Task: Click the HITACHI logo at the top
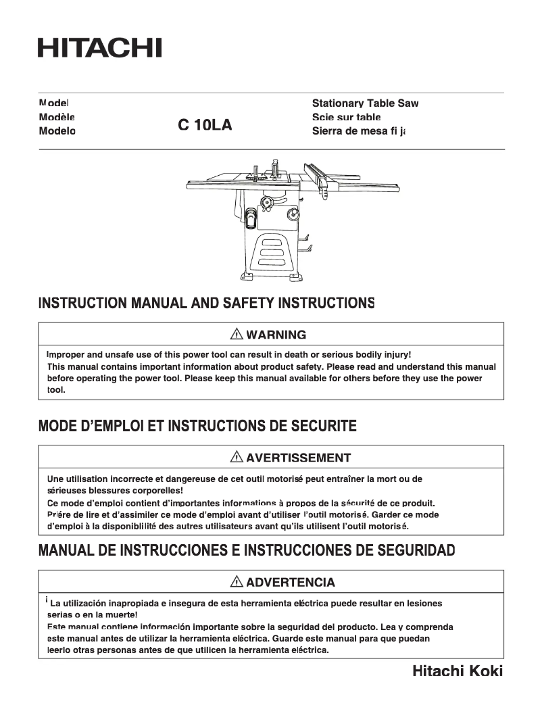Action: coord(99,48)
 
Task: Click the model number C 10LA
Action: coord(205,125)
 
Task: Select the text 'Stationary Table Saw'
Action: coord(365,103)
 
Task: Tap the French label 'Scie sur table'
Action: coord(346,117)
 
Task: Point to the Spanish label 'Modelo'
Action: coord(57,130)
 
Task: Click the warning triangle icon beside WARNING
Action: coord(237,335)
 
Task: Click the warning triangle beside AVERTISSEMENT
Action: coord(237,458)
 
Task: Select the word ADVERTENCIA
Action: coord(291,582)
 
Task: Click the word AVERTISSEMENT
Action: coord(298,458)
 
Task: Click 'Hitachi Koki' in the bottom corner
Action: coord(458,671)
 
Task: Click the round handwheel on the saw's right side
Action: coord(293,215)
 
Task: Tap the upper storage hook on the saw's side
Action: coord(304,238)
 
